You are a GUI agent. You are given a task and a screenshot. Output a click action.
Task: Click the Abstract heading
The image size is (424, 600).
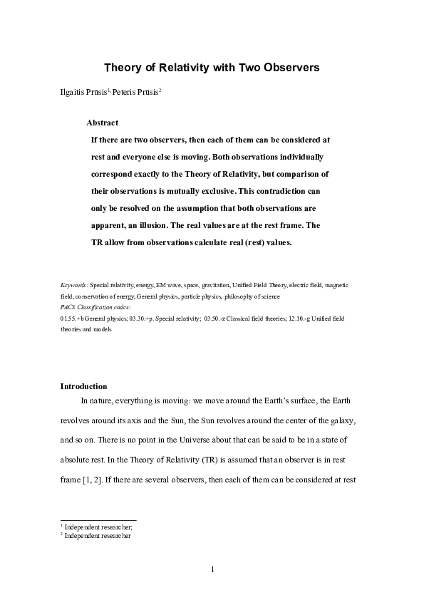(x=102, y=123)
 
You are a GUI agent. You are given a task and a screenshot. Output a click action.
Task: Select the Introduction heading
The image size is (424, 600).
(x=83, y=386)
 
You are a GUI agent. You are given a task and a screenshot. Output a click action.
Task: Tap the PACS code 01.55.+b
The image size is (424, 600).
(x=73, y=319)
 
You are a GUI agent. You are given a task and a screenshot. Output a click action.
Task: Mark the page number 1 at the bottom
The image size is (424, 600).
(x=212, y=570)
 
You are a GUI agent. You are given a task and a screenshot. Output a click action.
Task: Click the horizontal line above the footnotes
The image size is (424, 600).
(x=98, y=519)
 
